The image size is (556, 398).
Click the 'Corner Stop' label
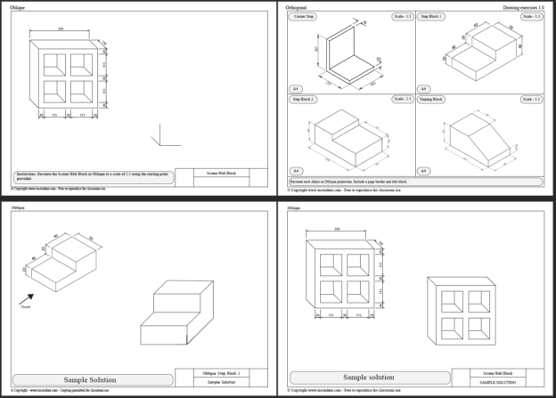coord(304,17)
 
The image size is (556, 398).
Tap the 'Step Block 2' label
coord(304,99)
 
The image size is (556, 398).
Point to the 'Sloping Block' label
coord(433,99)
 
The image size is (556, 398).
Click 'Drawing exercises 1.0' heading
coord(522,7)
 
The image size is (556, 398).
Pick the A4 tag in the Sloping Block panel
coord(424,170)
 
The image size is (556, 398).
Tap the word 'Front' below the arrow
coord(24,308)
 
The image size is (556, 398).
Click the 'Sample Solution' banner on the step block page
coord(89,380)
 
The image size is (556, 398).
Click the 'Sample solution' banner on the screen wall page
coord(368,377)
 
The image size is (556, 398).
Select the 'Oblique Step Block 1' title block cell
coord(221,372)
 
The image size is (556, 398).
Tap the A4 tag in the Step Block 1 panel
coord(424,88)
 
